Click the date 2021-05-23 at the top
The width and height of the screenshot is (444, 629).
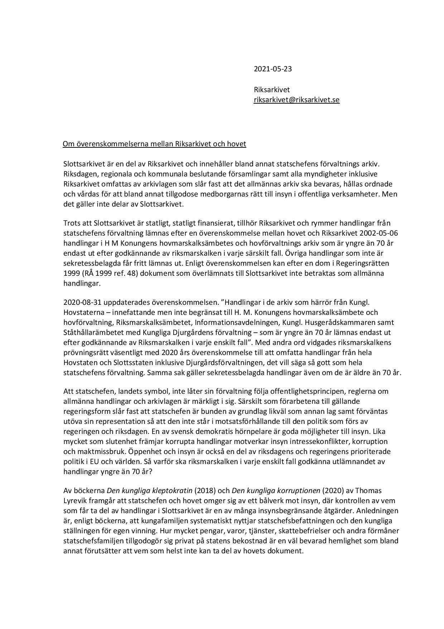272,69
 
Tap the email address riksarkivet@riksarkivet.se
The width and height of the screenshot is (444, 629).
296,100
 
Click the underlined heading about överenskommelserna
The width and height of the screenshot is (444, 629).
154,144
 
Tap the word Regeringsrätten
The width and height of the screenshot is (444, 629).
365,263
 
